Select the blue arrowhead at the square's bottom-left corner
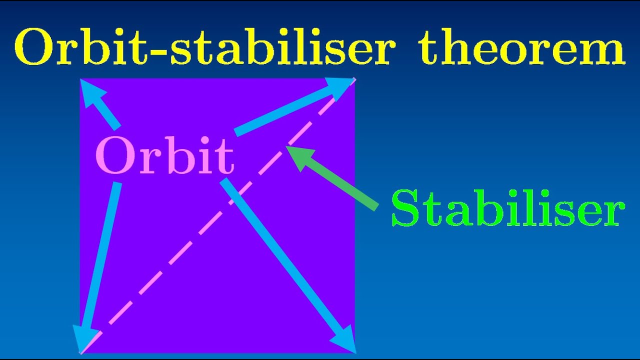(x=83, y=337)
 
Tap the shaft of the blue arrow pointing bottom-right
(x=280, y=255)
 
